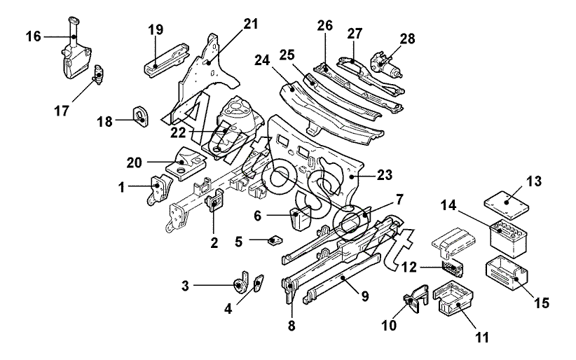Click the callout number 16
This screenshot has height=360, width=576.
click(x=34, y=36)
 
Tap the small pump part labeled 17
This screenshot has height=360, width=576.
click(x=98, y=74)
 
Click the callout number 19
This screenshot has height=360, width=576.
click(x=156, y=29)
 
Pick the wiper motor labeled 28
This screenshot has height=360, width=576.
click(x=386, y=65)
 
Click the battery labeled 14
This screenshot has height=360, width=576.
click(x=509, y=238)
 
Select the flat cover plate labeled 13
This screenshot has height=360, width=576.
click(x=507, y=204)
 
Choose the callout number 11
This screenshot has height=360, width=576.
click(x=482, y=336)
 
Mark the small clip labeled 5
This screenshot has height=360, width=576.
click(x=275, y=241)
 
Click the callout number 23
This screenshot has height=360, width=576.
click(x=384, y=175)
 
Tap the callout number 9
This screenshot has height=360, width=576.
click(x=365, y=296)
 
